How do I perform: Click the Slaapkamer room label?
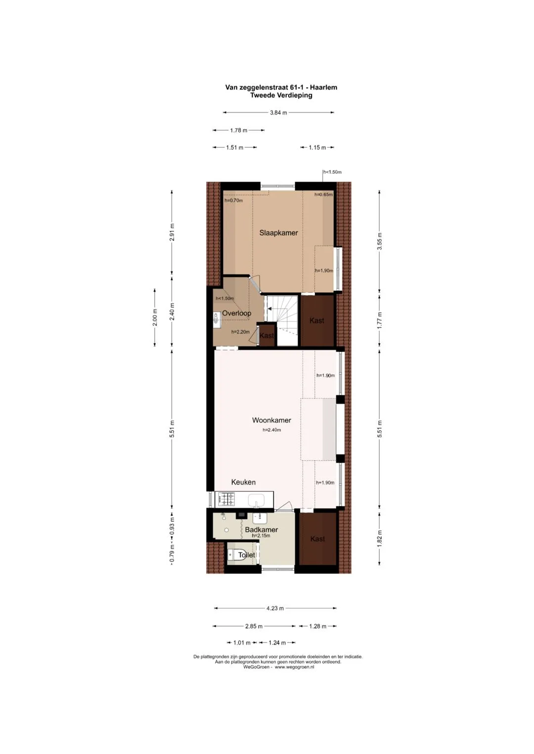tap(278, 233)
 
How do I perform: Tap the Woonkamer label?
tap(271, 420)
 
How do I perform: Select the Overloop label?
tap(236, 314)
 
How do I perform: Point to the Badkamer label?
tap(261, 529)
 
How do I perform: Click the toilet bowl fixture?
tap(232, 554)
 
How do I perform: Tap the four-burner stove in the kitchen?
tap(226, 499)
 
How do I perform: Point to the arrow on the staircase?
tap(269, 308)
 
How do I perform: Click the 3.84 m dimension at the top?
tap(278, 113)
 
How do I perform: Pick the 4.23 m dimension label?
tap(275, 608)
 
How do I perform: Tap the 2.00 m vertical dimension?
tap(155, 317)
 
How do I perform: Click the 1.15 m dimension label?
tap(317, 148)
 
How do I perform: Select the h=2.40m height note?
tap(272, 430)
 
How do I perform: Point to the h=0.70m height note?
tap(233, 200)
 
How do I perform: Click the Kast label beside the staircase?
tap(267, 336)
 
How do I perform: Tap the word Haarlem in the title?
tap(324, 87)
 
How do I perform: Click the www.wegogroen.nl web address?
tap(294, 667)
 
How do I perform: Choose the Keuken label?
tap(243, 482)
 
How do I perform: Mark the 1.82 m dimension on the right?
tap(380, 539)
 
